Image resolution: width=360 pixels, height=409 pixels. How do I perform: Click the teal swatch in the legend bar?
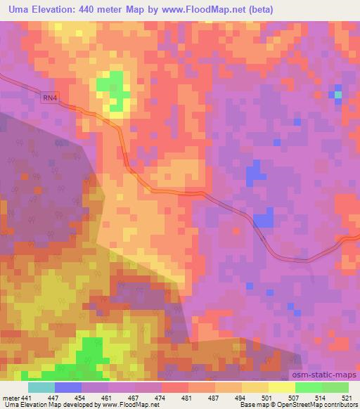click(x=41, y=387)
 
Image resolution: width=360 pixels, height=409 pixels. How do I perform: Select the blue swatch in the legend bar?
click(x=68, y=387)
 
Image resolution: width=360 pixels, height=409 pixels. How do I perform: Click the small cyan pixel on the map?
click(x=338, y=93)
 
